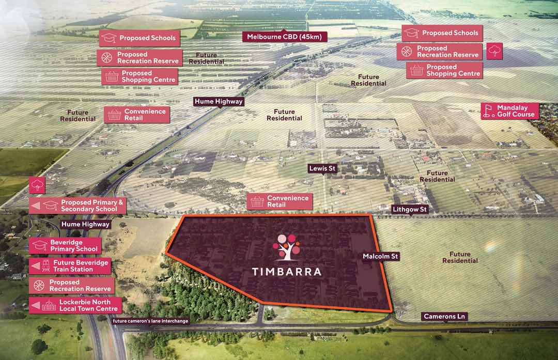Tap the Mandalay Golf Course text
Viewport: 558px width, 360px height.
(515, 111)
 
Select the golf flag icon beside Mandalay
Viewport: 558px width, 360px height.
(488, 111)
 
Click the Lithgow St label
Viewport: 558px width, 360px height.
(410, 210)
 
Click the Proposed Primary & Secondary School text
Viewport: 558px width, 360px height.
(92, 206)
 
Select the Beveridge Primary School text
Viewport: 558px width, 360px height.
(74, 246)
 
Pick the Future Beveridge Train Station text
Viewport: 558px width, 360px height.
(81, 266)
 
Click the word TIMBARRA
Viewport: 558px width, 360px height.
(287, 272)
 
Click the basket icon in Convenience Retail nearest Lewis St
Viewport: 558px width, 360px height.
(257, 201)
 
